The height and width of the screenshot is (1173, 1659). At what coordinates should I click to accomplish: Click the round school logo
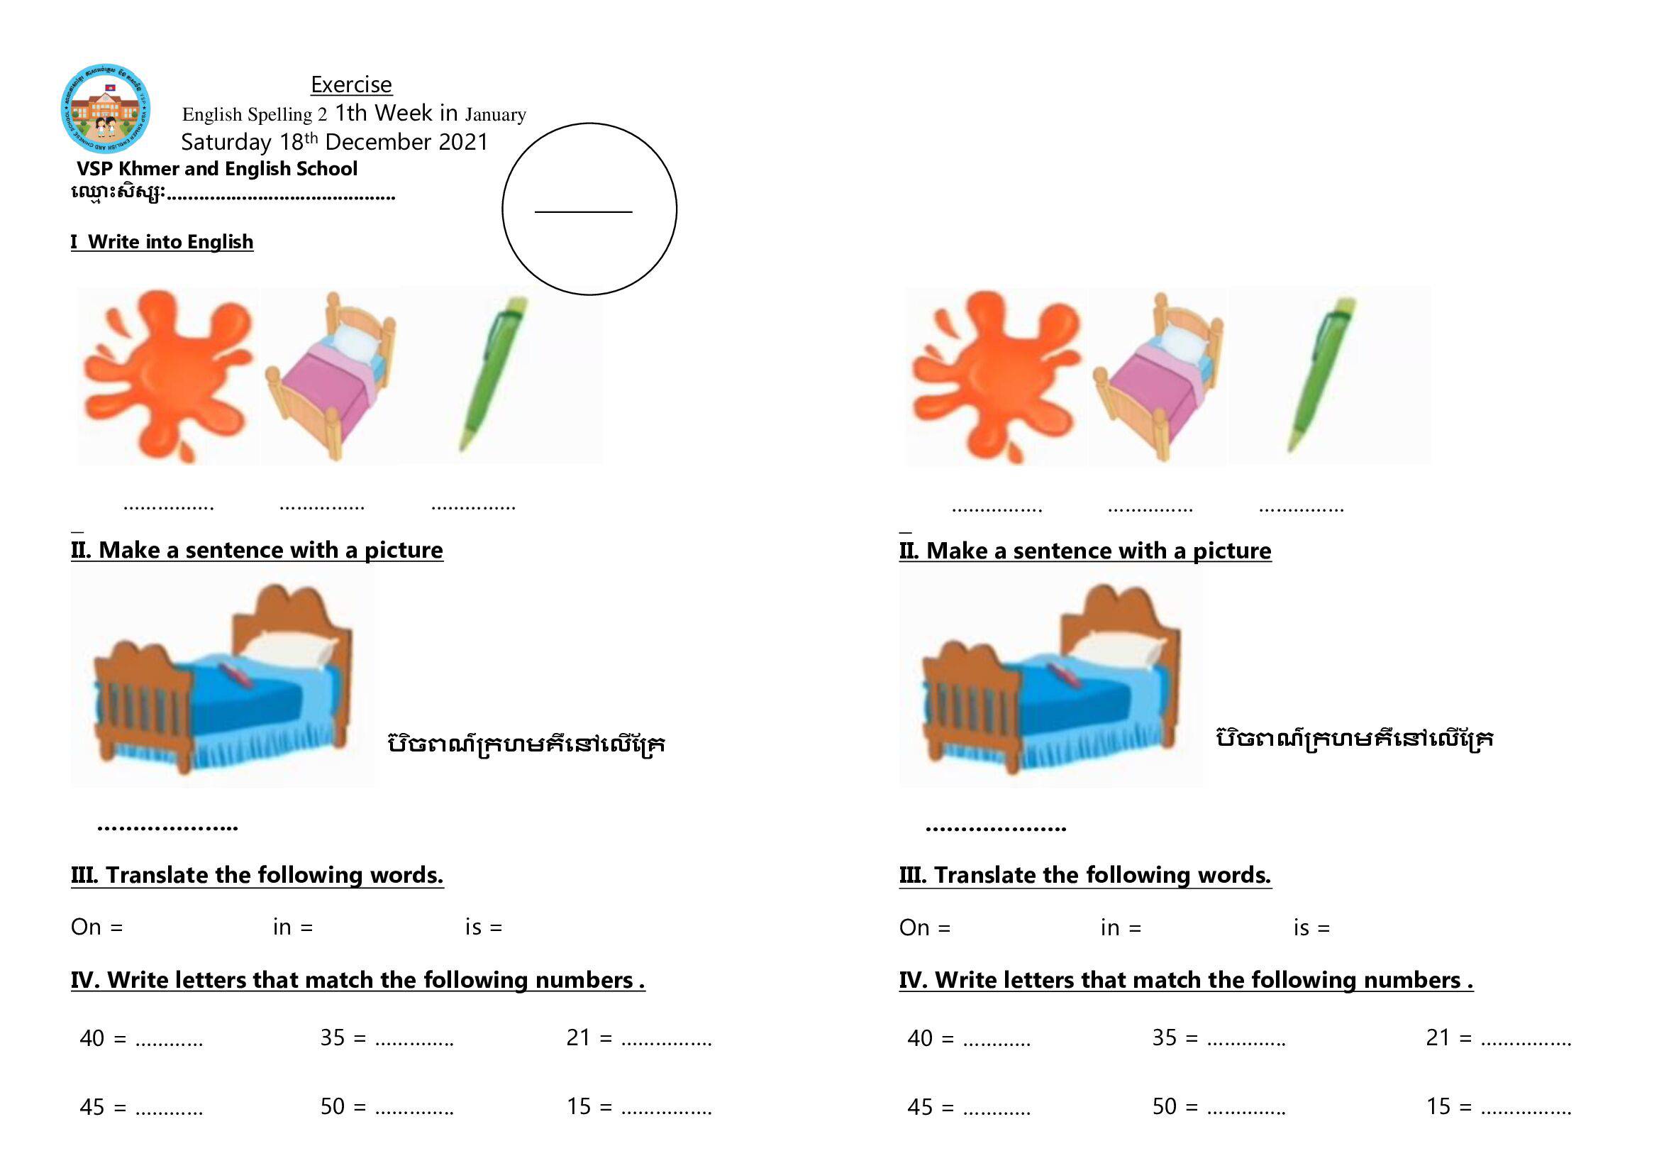tap(106, 109)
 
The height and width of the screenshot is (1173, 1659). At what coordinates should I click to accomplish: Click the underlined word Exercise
tap(351, 84)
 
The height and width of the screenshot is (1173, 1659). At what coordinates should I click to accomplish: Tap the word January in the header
tap(496, 114)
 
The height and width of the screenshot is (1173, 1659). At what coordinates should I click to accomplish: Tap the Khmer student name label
tap(118, 193)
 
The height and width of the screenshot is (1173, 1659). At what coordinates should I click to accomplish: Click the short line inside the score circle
tap(583, 211)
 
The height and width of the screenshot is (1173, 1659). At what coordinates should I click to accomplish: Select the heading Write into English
tap(170, 241)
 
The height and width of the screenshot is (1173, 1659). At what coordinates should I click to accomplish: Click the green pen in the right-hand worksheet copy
tap(1321, 375)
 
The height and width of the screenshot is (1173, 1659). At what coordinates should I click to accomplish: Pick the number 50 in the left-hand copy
tap(333, 1106)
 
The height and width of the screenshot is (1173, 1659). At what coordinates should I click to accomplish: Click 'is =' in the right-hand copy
tap(1311, 927)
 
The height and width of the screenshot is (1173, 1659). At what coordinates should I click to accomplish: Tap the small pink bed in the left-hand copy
tap(331, 376)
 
